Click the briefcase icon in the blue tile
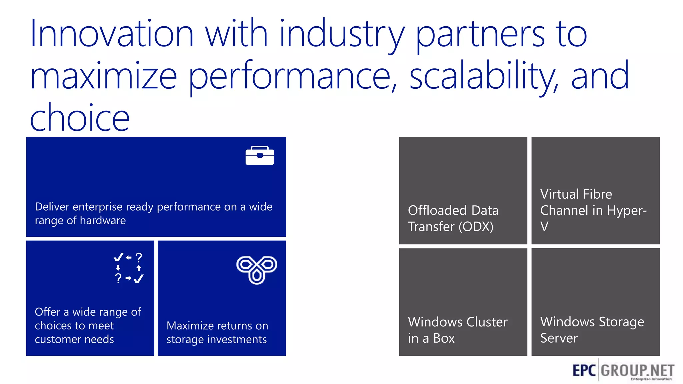[260, 155]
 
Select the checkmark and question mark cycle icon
[128, 268]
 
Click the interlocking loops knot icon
[257, 270]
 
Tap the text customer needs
[74, 339]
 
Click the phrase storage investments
[216, 339]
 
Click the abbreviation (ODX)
[476, 227]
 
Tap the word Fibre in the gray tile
[598, 194]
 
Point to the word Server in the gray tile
[559, 338]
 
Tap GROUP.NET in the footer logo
[637, 370]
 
